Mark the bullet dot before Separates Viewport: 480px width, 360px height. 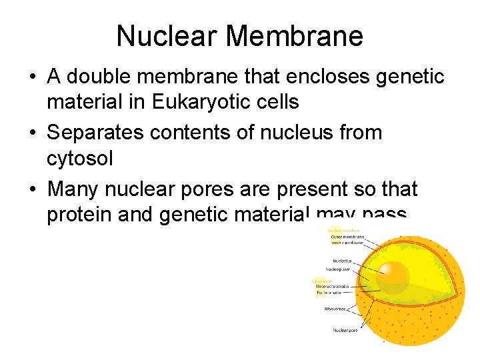(32, 133)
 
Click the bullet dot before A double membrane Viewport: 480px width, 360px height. (32, 77)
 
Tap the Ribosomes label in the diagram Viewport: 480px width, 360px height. (335, 309)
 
